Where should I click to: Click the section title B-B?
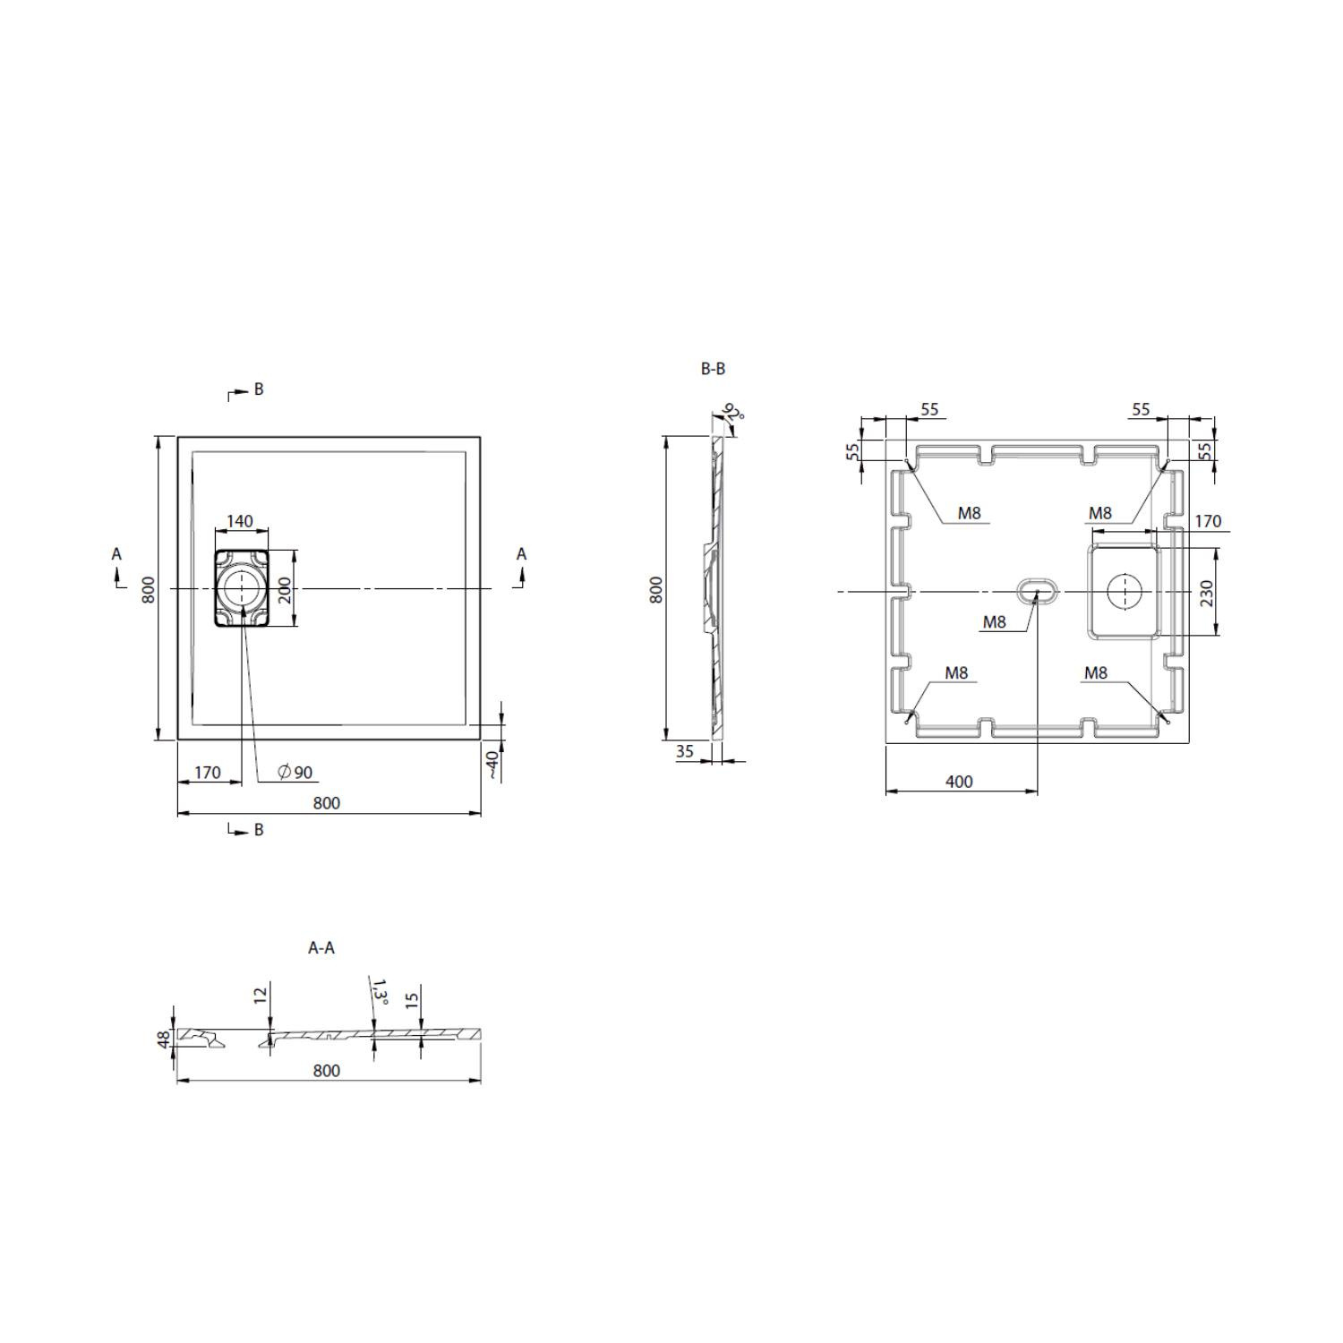[713, 369]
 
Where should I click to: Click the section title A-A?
[321, 947]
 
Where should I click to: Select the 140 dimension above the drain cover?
[240, 521]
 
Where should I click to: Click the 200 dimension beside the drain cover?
[286, 589]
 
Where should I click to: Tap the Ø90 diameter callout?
[295, 773]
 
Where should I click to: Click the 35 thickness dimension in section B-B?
[685, 751]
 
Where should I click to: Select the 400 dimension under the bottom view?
[959, 782]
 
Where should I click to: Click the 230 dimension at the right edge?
[1206, 594]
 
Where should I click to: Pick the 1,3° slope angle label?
[381, 993]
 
